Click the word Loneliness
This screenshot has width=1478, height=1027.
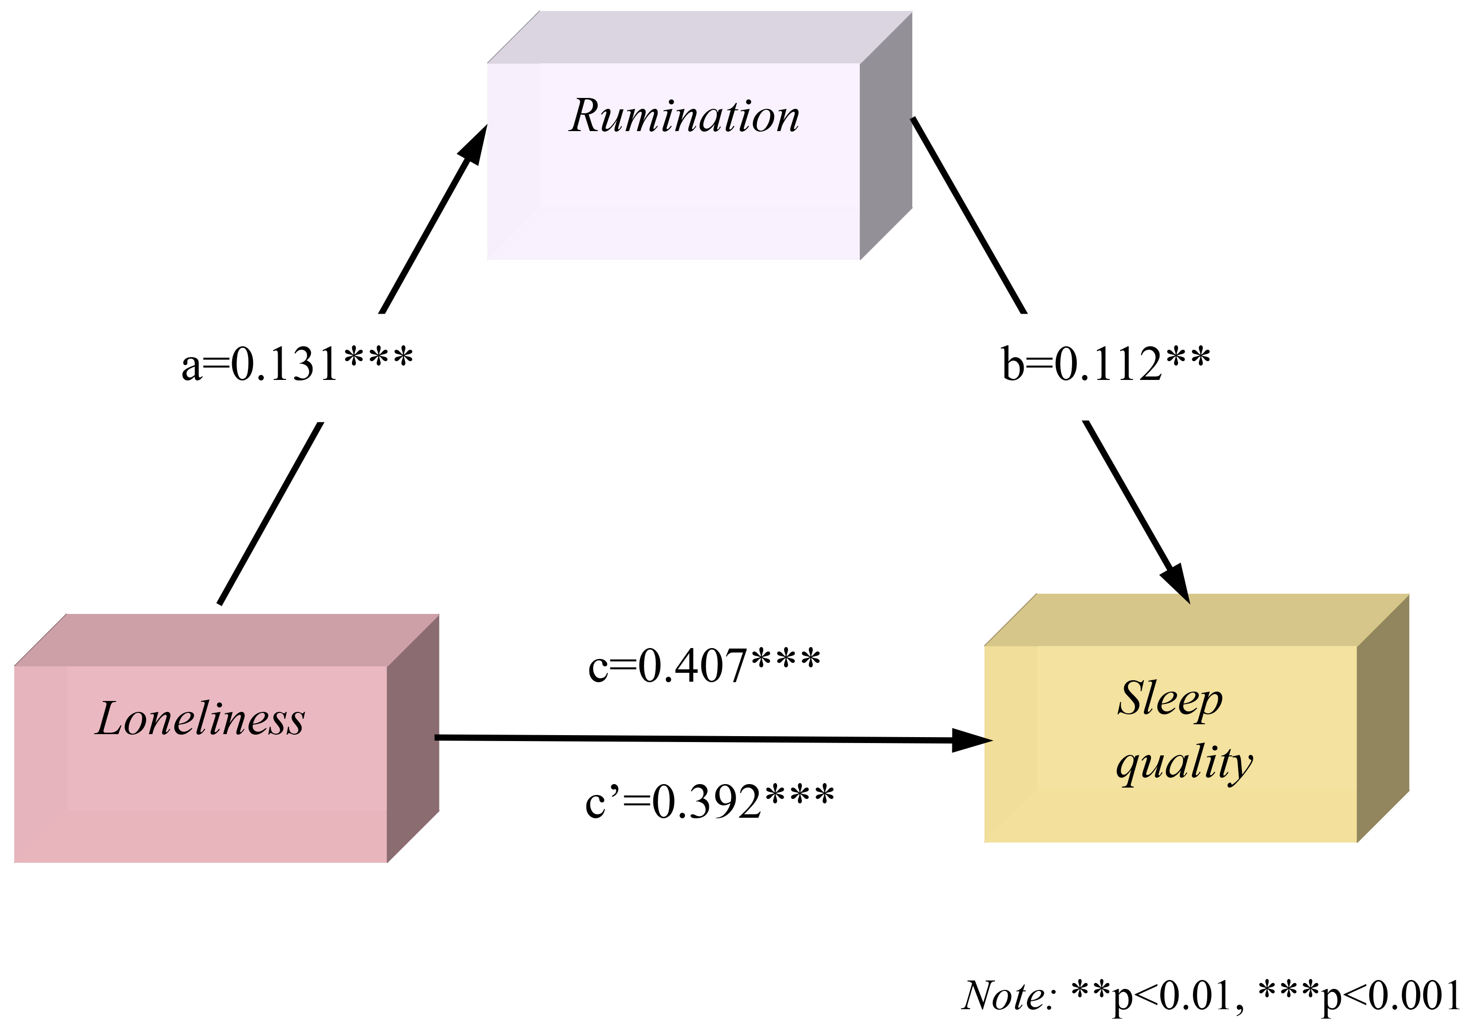coord(200,719)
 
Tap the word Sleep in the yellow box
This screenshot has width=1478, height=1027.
coord(1170,700)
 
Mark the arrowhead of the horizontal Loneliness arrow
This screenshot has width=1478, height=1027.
coord(971,741)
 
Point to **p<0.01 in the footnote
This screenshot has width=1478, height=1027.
coord(1153,996)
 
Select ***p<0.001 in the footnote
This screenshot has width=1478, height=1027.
coord(1359,996)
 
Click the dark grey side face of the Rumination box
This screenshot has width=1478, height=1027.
coord(886,148)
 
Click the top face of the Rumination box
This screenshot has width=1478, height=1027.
coord(699,37)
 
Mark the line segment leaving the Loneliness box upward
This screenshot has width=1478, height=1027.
coord(270,513)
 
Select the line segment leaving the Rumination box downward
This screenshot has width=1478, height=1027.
coord(968,215)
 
